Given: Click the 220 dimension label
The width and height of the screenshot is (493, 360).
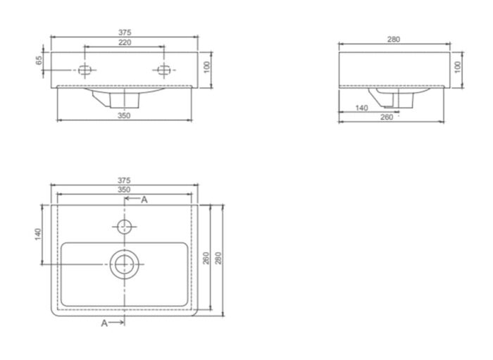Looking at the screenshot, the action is (x=125, y=42).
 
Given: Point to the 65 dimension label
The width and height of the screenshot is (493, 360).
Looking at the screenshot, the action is (x=39, y=60).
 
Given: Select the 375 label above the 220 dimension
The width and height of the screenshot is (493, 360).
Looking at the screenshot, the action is (x=125, y=32).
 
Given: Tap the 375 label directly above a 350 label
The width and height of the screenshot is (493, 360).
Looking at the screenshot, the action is (x=124, y=180).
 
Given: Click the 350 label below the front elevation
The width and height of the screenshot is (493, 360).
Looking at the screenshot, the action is (x=124, y=116).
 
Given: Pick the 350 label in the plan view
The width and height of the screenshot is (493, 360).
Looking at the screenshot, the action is (x=124, y=190).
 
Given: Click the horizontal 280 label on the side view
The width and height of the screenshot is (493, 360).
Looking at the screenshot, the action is (x=393, y=39).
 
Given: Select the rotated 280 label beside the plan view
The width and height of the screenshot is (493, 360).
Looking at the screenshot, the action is (x=218, y=258).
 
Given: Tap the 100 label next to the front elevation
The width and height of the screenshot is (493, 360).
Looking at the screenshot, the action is (x=206, y=68).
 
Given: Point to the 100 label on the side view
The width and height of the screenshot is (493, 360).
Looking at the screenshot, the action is (x=458, y=68).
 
